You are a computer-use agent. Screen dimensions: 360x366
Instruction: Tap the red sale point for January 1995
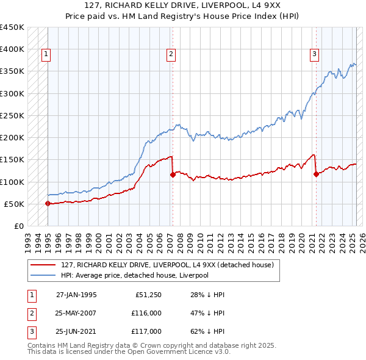pyautogui.click(x=48, y=204)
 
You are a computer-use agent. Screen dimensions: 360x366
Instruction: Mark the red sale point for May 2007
pyautogui.click(x=173, y=175)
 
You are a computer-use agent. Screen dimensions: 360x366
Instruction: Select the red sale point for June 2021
pyautogui.click(x=316, y=175)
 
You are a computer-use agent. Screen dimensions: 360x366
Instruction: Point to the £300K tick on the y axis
pyautogui.click(x=12, y=93)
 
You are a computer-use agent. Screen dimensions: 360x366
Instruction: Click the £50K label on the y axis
pyautogui.click(x=14, y=204)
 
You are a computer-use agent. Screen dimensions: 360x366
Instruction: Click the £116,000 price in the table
pyautogui.click(x=146, y=313)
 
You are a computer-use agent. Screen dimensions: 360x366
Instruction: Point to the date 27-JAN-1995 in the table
pyautogui.click(x=76, y=295)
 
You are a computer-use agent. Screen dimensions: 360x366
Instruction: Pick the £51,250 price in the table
pyautogui.click(x=148, y=295)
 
